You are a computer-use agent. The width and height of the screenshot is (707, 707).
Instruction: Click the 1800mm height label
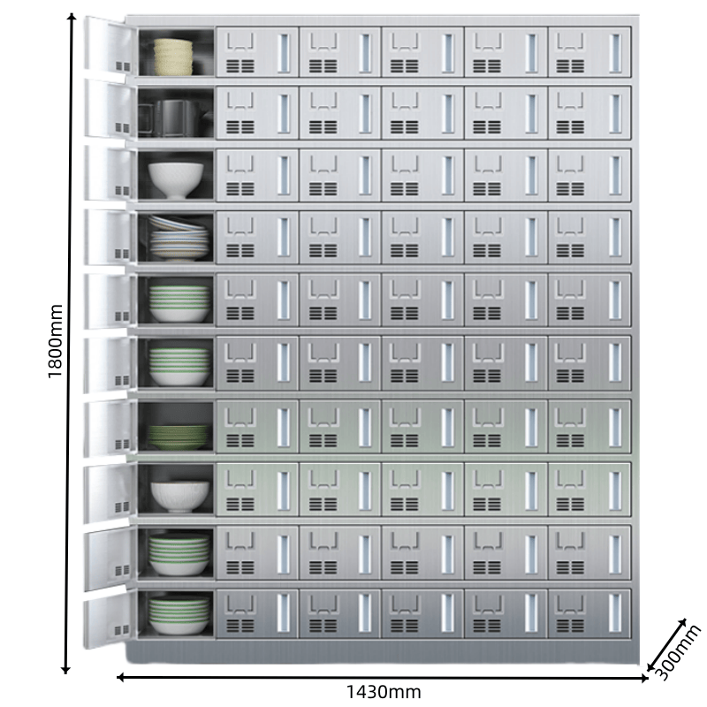point(55,343)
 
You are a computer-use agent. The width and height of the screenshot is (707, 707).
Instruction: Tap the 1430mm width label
point(382,692)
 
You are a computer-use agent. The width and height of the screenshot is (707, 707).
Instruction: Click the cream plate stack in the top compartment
point(173,56)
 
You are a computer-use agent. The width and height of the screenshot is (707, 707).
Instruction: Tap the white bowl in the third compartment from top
point(176,179)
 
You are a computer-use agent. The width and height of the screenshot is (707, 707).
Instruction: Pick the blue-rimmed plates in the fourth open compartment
point(178,239)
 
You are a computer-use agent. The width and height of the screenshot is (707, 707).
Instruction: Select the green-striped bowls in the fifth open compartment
point(179,302)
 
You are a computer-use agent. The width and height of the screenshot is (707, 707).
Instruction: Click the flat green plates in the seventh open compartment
point(179,436)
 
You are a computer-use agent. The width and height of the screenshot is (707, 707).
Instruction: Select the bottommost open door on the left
point(108,622)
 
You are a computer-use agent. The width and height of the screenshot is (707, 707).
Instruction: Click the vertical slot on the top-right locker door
point(614,53)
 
